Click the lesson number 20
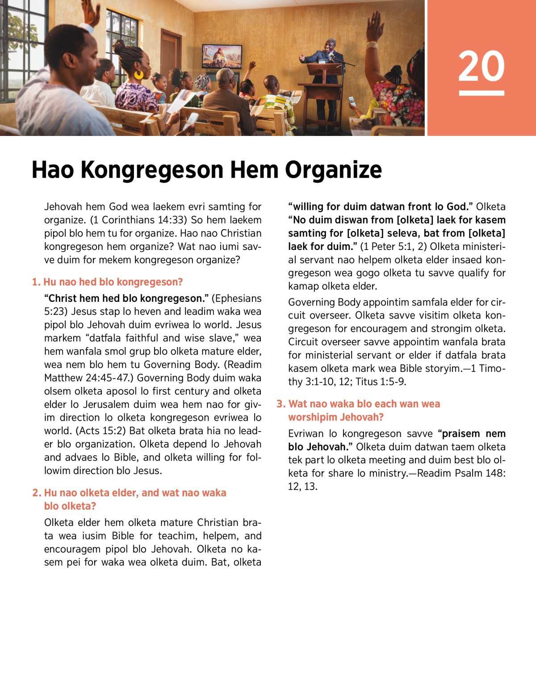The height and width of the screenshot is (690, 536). tap(481, 66)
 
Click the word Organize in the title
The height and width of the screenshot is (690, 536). tap(333, 170)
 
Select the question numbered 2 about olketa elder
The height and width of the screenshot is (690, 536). tap(130, 499)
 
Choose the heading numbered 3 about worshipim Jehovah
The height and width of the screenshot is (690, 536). tap(358, 411)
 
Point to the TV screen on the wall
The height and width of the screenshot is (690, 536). tap(222, 55)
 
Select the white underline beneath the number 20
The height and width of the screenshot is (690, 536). tap(481, 93)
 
